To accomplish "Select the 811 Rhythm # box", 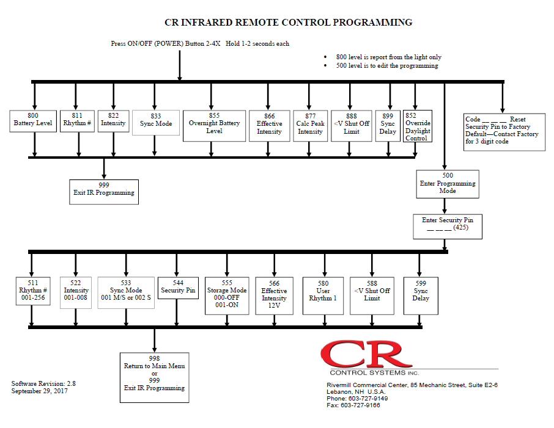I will [77, 120].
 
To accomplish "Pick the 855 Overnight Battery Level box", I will [214, 126].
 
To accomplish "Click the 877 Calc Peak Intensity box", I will [309, 126].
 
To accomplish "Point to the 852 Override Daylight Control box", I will [418, 126].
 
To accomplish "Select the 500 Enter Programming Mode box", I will [448, 183].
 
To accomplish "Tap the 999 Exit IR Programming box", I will [103, 192].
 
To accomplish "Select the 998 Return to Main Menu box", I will [154, 377].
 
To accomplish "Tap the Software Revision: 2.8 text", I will [43, 383].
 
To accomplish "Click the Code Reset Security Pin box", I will [503, 130].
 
